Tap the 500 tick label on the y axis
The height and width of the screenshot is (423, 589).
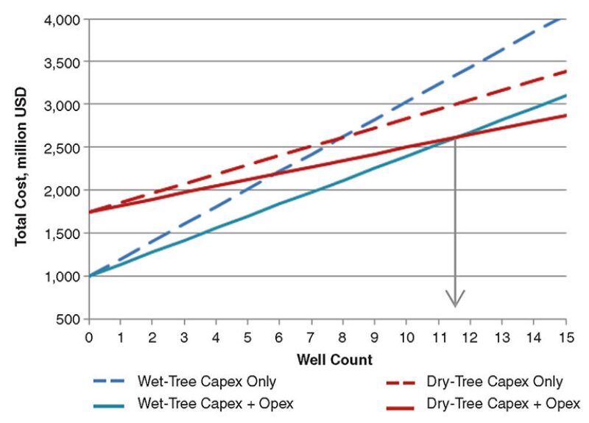68,319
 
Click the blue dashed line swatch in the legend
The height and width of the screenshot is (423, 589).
111,382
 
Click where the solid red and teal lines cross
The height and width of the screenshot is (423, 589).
455,137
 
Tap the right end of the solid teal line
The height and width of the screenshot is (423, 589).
565,95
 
